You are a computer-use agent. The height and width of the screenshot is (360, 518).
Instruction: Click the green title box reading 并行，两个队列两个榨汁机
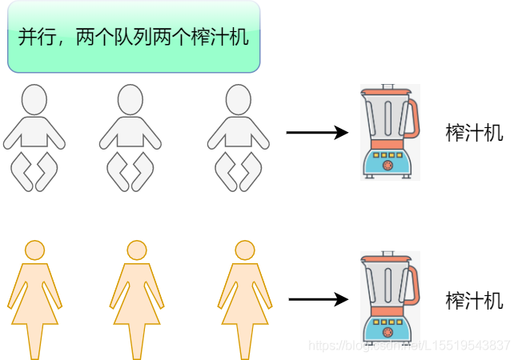point(134,37)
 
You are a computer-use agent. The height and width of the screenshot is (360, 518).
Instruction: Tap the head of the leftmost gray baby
point(34,99)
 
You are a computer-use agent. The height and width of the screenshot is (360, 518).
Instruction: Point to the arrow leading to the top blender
point(317,133)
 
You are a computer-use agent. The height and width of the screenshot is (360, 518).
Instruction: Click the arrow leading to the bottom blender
point(318,300)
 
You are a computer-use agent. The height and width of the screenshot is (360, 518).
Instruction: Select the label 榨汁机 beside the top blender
point(474,133)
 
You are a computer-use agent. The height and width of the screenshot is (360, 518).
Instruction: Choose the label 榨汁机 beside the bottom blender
point(474,301)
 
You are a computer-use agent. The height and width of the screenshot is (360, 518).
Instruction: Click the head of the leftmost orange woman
point(34,250)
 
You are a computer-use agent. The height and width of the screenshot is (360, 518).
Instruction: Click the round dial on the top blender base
point(387,166)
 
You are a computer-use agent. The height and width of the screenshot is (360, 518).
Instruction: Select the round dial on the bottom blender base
point(387,333)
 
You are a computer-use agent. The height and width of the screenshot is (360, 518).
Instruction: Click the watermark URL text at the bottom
point(409,346)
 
